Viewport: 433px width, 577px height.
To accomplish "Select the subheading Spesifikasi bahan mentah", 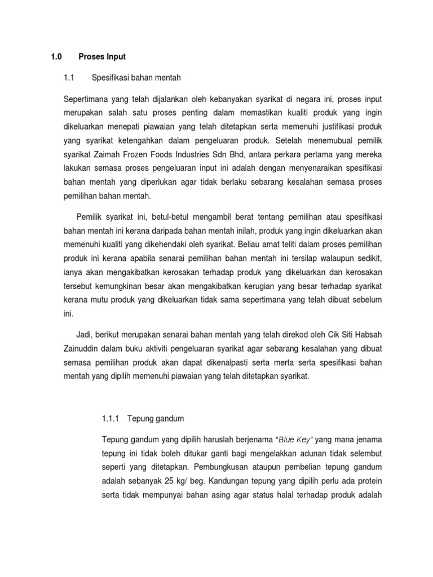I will coord(141,77).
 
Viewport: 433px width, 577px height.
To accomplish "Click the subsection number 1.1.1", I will coord(111,419).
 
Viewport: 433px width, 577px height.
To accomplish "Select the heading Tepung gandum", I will coord(156,419).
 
